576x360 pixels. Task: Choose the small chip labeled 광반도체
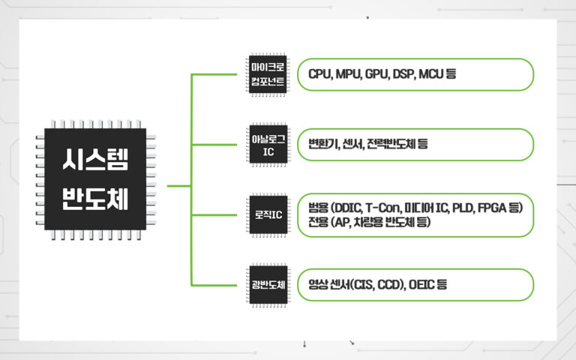click(268, 286)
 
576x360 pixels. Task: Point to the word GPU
click(376, 75)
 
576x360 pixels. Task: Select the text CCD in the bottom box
click(390, 285)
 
